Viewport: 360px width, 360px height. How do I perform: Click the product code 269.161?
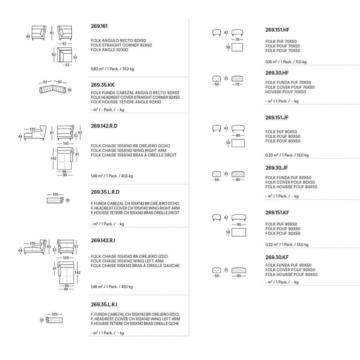(x=99, y=26)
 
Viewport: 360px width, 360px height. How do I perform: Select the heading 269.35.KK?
(x=103, y=85)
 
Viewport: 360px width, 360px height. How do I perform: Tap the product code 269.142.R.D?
(x=104, y=126)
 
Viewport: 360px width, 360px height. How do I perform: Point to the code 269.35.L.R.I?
(x=104, y=305)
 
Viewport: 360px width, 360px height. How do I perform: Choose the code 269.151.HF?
(x=277, y=30)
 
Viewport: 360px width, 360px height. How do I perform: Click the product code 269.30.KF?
(x=277, y=257)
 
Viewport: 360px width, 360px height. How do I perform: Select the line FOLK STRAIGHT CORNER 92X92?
(x=121, y=45)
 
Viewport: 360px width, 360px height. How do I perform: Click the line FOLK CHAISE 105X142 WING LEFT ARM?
(x=127, y=261)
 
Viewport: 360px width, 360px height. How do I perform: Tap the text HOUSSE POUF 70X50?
(x=285, y=92)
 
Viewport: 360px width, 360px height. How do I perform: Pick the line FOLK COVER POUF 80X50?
(x=290, y=182)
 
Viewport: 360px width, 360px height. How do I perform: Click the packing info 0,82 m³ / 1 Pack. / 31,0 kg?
(x=112, y=69)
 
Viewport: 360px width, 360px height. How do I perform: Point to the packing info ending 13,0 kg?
(x=287, y=245)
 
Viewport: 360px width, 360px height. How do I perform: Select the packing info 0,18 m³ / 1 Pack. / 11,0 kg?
(x=286, y=62)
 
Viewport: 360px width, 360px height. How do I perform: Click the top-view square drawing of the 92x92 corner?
(x=64, y=55)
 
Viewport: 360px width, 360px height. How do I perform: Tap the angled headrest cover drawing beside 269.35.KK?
(x=53, y=89)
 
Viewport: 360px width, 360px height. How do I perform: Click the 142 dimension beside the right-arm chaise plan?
(x=53, y=158)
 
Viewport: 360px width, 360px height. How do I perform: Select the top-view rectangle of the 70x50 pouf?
(x=237, y=47)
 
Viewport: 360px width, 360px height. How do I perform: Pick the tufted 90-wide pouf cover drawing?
(x=239, y=270)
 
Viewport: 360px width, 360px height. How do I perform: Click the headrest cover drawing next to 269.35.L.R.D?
(x=55, y=200)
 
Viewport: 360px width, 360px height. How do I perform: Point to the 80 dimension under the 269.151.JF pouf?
(x=238, y=135)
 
